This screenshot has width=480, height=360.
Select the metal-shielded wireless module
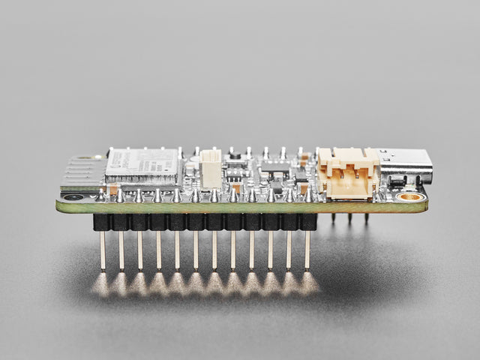[143, 166]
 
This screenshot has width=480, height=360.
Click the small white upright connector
[211, 169]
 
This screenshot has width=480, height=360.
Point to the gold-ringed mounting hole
[410, 197]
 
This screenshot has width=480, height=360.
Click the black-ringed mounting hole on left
[73, 197]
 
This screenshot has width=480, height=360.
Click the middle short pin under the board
[349, 218]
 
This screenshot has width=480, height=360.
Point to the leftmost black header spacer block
[102, 222]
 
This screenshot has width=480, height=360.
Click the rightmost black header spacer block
[307, 222]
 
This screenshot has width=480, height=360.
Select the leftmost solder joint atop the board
[101, 196]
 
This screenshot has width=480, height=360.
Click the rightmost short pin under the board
[367, 218]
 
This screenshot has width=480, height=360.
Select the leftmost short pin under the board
[333, 218]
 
